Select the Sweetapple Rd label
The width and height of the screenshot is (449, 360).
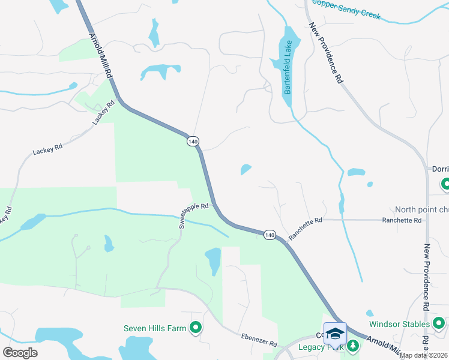pos(193,215)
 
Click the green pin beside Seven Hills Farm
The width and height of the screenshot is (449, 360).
pos(194,328)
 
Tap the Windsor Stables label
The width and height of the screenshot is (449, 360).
pos(397,324)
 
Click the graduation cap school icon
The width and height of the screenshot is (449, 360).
pos(335,333)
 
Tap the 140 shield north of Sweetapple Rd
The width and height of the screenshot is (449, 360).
pos(192,141)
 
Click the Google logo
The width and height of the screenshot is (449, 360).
pos(20,352)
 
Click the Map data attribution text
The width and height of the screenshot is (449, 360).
pos(424,355)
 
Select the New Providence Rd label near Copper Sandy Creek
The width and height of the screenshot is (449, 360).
pos(327,53)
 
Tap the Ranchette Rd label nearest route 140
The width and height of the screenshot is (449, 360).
pos(306,229)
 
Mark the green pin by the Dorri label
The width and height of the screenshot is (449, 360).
pos(445,184)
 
